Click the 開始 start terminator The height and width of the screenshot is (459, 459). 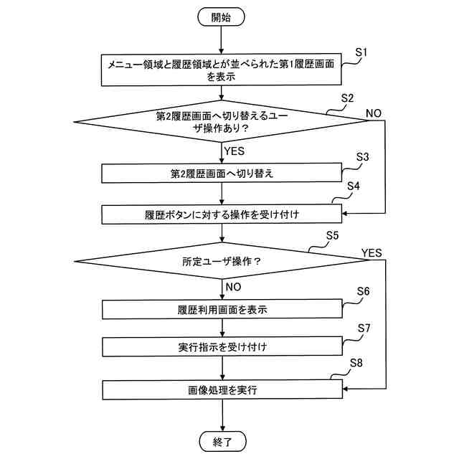pos(222,17)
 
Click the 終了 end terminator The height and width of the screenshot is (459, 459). pos(222,441)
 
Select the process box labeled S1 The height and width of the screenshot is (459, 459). pos(222,70)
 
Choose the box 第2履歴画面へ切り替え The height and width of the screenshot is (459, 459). pos(222,174)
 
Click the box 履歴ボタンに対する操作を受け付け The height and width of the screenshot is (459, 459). pos(222,214)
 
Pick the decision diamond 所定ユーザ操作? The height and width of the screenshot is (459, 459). pos(222,261)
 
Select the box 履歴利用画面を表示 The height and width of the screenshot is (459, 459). pos(222,310)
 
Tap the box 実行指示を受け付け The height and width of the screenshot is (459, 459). pos(222,348)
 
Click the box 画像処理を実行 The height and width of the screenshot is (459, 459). pos(222,390)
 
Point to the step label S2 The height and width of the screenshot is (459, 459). pos(347,98)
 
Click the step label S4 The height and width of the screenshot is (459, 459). pos(353,186)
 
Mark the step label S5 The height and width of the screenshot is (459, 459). pos(332,235)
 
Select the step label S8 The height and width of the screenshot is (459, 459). pos(356,363)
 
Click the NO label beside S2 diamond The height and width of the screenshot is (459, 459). pos(374,113)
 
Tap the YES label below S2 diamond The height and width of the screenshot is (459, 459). pos(235,151)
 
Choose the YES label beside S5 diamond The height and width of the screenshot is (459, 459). pos(372,252)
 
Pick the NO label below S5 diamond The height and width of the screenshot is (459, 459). pos(233,286)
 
